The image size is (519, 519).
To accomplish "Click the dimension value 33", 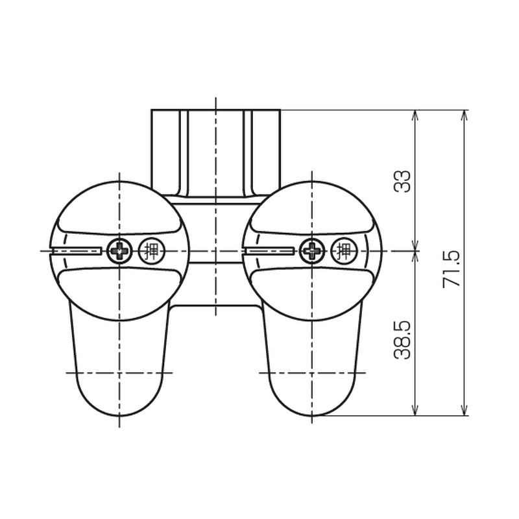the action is point(402,182).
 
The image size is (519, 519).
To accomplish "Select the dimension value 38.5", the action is point(402,339).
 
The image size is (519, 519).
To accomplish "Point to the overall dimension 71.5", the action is point(451,269).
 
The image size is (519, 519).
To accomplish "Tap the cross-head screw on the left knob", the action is point(119,251).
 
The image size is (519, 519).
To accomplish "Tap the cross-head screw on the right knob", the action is point(312,251).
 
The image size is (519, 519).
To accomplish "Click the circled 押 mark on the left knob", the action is point(152,251).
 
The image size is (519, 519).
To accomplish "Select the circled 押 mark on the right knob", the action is point(344,251).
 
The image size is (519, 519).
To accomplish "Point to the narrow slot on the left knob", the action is point(76,251).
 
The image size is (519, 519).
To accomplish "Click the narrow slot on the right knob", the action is point(269,251).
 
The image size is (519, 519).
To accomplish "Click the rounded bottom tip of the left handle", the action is point(119,415).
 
